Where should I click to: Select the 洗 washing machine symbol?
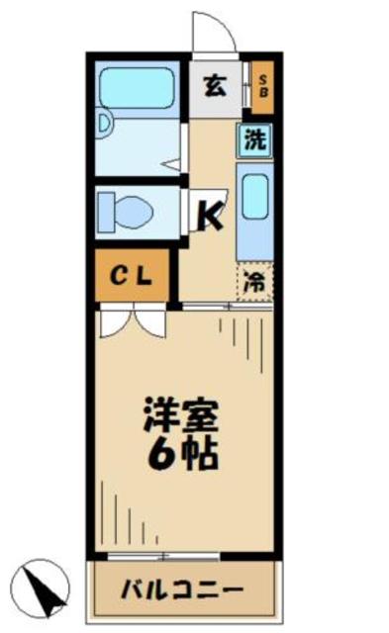point(255,140)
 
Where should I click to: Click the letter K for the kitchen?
point(212,213)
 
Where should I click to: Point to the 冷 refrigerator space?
point(254,281)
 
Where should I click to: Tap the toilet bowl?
point(128,211)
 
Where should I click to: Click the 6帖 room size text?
point(183,454)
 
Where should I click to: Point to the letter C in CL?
point(117,276)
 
